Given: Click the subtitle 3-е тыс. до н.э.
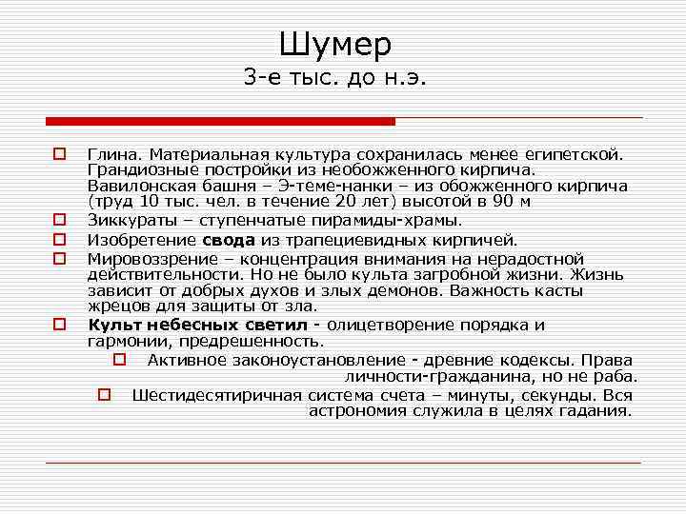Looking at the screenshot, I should (x=335, y=79).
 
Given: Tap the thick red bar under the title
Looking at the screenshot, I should (x=220, y=121).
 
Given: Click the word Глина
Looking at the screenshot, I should (x=112, y=152).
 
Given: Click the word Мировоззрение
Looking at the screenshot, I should (x=145, y=257).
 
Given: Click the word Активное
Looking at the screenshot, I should (x=187, y=360).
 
